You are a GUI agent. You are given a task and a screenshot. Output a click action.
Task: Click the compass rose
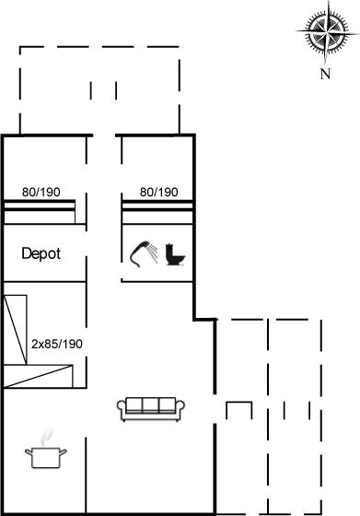coord(327,33)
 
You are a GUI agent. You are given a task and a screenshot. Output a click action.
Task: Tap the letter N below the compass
coord(325,74)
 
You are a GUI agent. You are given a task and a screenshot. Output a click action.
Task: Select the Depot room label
coord(41,254)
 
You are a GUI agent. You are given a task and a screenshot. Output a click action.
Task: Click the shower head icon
coord(144,254)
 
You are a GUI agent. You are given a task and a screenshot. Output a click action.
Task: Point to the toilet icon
coord(175,254)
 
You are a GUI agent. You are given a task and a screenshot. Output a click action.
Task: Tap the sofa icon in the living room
coord(151,409)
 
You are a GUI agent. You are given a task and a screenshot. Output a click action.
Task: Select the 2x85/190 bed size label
coord(57,344)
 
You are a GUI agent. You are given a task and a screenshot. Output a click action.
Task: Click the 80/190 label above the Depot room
coord(41,192)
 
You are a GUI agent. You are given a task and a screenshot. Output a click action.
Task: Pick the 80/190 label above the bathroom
coord(158,192)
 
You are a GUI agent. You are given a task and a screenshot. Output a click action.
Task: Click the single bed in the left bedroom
coord(40,212)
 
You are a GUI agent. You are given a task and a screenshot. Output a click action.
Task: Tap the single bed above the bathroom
coord(157,212)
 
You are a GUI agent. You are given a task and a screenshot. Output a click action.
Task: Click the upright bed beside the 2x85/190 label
coord(16,330)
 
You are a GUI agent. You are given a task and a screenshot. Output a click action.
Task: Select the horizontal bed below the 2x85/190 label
coord(39,376)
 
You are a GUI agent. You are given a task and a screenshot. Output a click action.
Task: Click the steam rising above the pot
coord(47,437)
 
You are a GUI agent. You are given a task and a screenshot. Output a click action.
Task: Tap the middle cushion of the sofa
coord(151,405)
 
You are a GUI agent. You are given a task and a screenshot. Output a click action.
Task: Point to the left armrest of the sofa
coord(122,407)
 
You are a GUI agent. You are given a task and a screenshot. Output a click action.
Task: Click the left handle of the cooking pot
coord(29,452)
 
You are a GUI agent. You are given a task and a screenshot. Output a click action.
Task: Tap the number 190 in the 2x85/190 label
coord(73,344)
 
